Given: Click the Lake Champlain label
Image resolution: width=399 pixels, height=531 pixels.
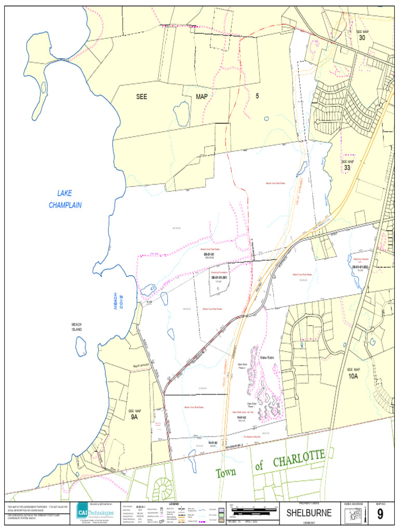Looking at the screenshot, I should (65, 199).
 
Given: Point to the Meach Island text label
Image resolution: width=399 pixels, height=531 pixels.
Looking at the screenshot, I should (77, 327).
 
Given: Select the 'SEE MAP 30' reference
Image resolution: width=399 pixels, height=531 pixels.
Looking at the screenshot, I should (362, 35).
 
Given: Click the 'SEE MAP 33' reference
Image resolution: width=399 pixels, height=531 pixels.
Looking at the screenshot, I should (347, 165).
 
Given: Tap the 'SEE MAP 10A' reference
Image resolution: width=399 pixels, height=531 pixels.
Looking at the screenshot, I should (353, 373).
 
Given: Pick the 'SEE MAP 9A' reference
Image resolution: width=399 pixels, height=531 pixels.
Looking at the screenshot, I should (135, 414).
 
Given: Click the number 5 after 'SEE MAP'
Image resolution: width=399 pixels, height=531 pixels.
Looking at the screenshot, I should (257, 96).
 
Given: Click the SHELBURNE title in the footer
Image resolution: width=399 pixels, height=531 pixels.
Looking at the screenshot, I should (309, 513).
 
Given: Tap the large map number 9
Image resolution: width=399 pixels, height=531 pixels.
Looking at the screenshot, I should (380, 514).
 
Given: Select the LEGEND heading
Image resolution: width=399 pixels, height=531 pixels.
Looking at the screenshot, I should (174, 504).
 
